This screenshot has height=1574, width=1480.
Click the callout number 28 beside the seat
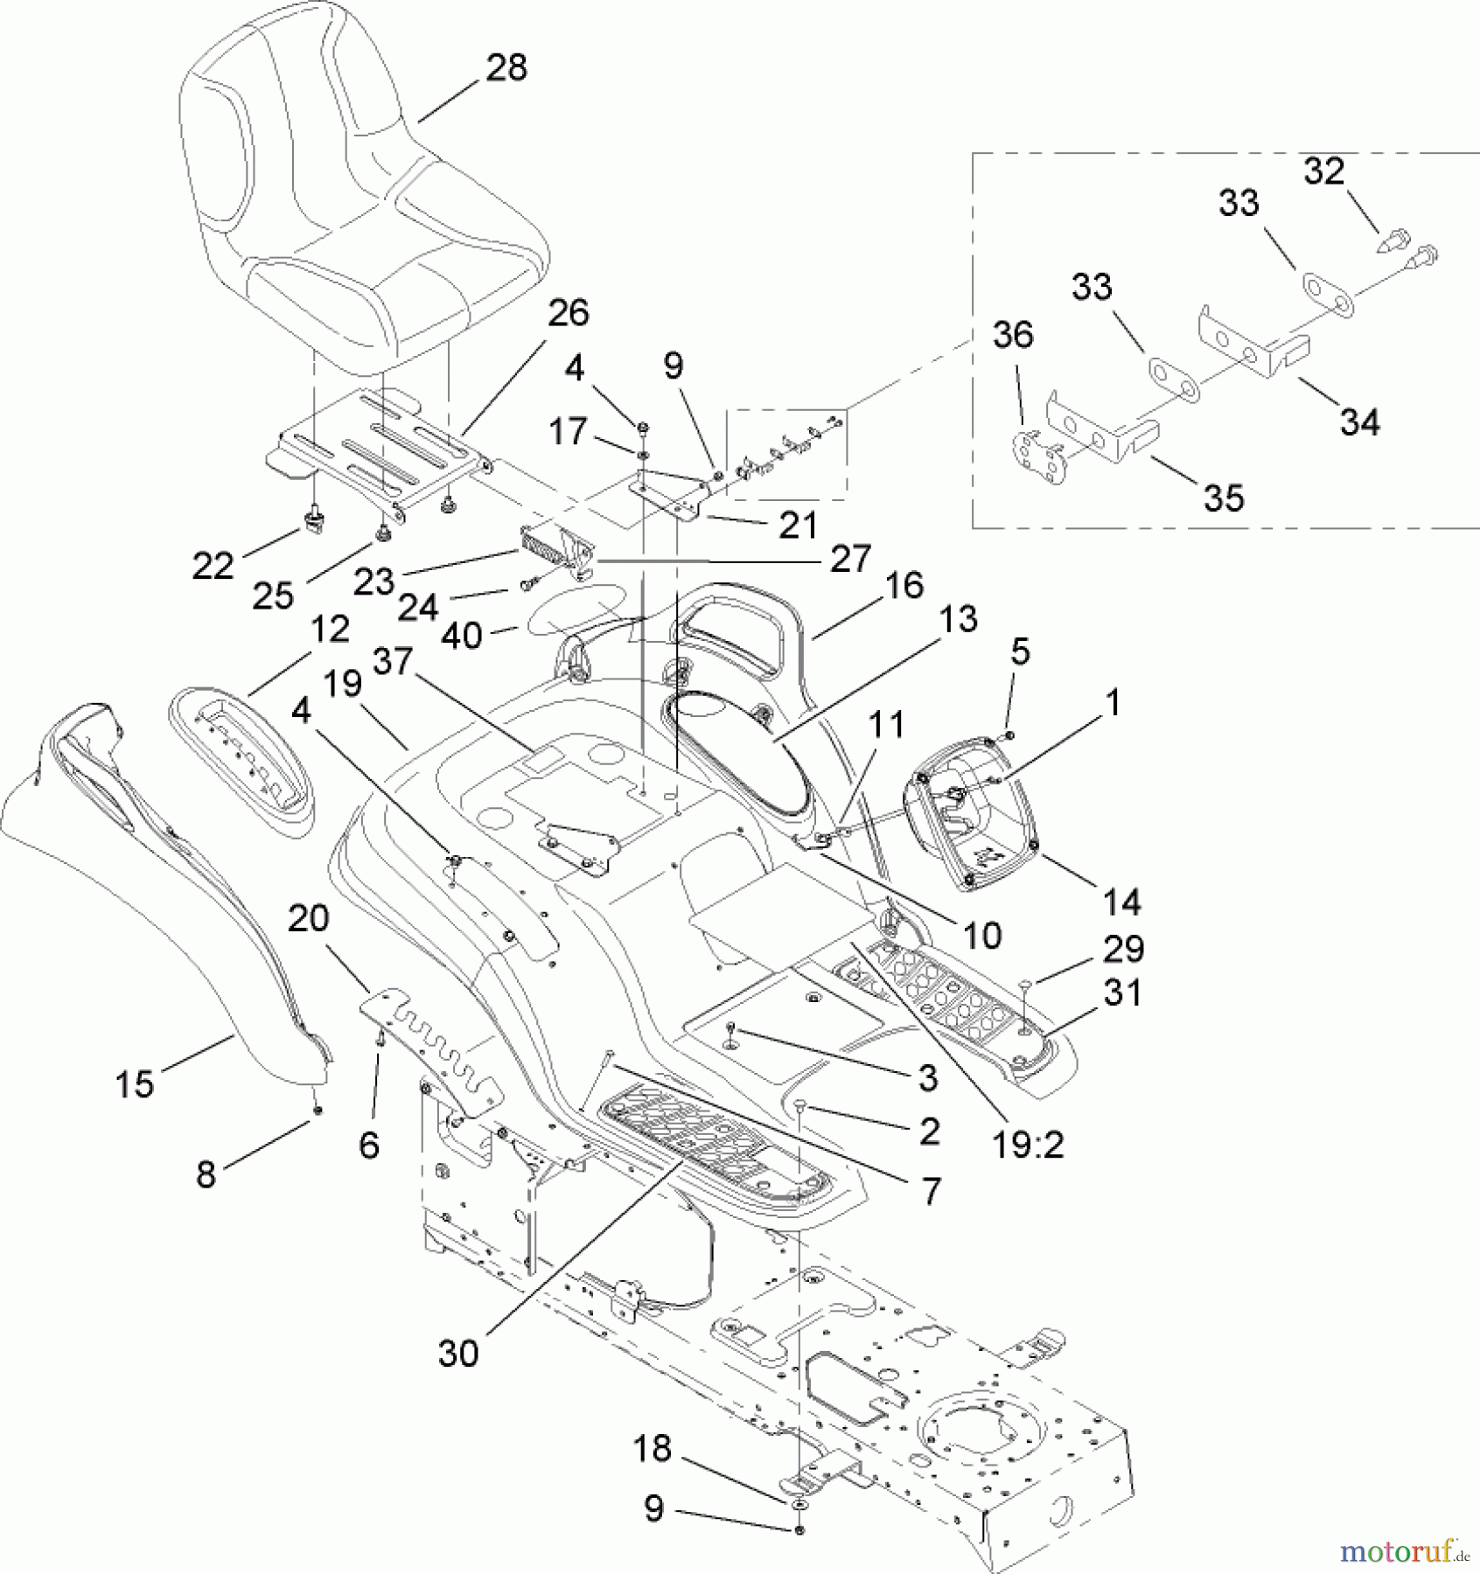[x=506, y=67]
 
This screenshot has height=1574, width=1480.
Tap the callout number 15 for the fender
[x=135, y=1085]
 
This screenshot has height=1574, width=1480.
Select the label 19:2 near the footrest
[x=1029, y=1145]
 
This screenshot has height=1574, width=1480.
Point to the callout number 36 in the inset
[x=1013, y=335]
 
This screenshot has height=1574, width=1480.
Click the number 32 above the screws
[x=1323, y=171]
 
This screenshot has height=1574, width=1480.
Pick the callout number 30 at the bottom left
[x=458, y=1355]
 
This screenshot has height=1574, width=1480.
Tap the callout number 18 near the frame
[x=653, y=1449]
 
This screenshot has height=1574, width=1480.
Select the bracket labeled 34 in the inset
[x=1251, y=341]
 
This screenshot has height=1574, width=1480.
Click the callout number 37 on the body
[x=393, y=662]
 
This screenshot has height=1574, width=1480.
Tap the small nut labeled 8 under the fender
[x=317, y=1110]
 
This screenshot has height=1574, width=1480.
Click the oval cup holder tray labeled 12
[x=241, y=761]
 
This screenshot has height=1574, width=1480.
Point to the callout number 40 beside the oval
[x=462, y=636]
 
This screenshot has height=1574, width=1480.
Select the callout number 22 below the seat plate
[x=213, y=567]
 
